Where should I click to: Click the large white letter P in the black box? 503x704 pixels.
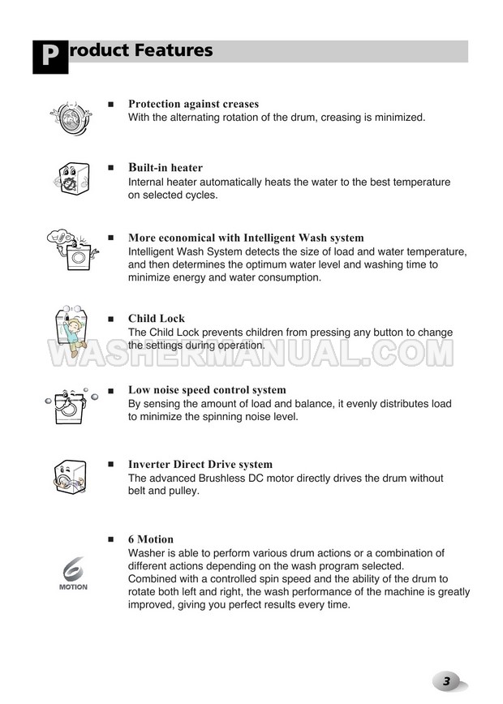click(49, 56)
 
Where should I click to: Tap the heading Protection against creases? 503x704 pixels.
click(193, 104)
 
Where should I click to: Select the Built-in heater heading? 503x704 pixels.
click(166, 168)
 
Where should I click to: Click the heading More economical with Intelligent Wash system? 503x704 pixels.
click(246, 238)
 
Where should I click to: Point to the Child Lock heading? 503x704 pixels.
click(157, 319)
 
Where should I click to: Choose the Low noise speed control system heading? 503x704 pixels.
click(207, 390)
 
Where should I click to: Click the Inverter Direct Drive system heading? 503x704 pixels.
click(200, 465)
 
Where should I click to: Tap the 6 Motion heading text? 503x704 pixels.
click(151, 539)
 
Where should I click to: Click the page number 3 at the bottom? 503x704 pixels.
click(446, 680)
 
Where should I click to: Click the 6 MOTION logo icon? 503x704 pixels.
click(73, 573)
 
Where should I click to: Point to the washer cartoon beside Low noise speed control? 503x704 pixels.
click(71, 404)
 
